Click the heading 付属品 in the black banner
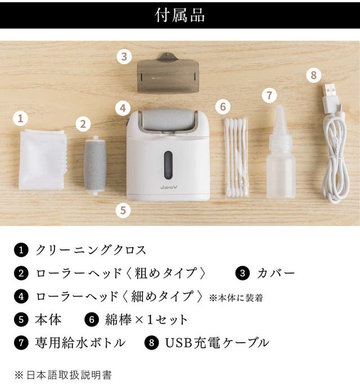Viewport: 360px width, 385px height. coord(180,15)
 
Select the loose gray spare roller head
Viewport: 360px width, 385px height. coord(95,165)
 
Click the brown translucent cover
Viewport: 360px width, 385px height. coord(168,73)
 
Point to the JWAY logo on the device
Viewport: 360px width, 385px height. coord(169,187)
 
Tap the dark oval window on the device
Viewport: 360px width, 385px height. coord(168,165)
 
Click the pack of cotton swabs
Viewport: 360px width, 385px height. coord(236,158)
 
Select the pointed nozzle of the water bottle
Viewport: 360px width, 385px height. coord(280,120)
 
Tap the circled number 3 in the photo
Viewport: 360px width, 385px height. coord(124,57)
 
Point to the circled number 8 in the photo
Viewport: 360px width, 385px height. coord(314,75)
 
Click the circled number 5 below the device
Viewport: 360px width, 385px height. coord(123,210)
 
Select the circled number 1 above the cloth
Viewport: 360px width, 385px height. coord(21,118)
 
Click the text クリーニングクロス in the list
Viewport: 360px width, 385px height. coord(91,250)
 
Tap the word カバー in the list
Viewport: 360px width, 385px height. coord(276,274)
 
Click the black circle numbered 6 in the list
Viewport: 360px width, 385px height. coord(92,320)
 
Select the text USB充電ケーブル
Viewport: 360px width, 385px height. coord(217,343)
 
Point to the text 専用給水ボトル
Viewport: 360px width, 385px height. coord(80,343)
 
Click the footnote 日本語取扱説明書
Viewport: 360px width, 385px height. coord(69,375)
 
